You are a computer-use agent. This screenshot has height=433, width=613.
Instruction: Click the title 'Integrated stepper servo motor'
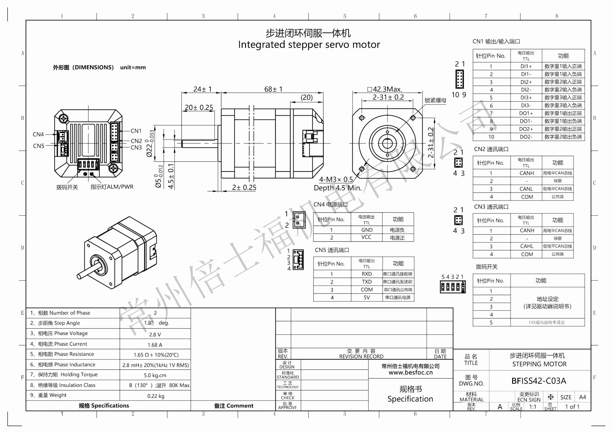coord(309,45)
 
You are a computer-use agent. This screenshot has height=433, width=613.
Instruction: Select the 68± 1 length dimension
coord(273,89)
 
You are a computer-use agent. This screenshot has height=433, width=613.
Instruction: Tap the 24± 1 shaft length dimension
coord(202,89)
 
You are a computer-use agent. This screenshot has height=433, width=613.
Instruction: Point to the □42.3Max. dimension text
coord(385,89)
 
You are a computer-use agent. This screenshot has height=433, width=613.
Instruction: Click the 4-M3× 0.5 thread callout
coord(336,179)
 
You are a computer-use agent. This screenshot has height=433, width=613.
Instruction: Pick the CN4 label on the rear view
coord(38,134)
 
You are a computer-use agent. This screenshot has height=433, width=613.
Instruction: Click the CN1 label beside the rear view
coord(136,131)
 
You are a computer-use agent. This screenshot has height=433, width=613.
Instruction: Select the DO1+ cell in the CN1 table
coord(526,113)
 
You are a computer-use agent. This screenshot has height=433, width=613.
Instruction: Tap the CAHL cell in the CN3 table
coord(526,246)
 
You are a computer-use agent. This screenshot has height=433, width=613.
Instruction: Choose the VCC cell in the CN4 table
coord(366,237)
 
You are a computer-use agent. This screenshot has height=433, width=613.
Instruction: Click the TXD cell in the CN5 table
coord(367,282)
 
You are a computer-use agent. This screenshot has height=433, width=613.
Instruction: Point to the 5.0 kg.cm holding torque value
coord(155,375)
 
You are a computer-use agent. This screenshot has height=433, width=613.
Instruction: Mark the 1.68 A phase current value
coord(155,345)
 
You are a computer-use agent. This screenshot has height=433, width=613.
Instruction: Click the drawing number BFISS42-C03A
coord(539,381)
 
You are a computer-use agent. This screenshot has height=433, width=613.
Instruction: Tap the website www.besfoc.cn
coord(410,373)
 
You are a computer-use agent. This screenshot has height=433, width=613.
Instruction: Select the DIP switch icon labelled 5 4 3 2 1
coord(453,287)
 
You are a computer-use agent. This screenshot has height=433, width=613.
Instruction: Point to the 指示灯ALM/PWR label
coord(112,187)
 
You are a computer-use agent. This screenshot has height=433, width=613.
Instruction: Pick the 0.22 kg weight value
coord(156,396)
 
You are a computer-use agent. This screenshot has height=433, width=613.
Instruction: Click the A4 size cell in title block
coord(582,397)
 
